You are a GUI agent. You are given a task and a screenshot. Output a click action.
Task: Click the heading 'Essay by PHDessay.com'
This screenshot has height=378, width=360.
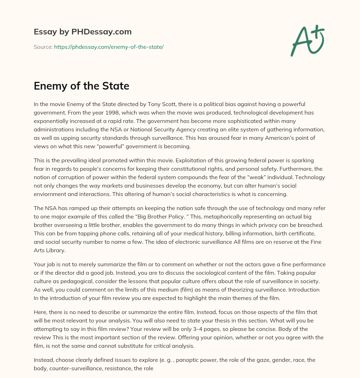point(83,32)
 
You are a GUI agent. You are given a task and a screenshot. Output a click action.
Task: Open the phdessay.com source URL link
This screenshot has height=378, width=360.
point(109,47)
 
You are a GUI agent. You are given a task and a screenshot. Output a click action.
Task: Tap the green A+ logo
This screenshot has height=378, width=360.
point(307,40)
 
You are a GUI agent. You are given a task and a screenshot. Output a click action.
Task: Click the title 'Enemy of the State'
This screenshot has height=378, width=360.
point(82,86)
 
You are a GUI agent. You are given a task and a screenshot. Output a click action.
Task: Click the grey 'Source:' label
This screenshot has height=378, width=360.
point(43,47)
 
